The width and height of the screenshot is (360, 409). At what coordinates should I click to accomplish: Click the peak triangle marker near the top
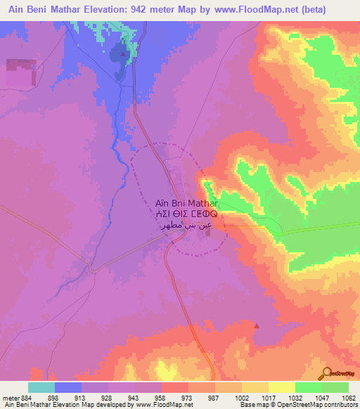tap(124, 53)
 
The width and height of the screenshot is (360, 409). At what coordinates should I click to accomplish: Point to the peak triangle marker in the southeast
tap(256, 325)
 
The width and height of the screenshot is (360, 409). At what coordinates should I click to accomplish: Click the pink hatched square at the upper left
tap(21, 72)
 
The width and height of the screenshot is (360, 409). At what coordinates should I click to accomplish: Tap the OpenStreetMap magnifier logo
tap(328, 372)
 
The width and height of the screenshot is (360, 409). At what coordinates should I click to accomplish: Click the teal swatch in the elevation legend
tap(41, 387)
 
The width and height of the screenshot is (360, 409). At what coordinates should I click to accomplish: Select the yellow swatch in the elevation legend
tap(282, 387)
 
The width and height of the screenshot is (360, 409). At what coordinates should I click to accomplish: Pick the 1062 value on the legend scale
tap(348, 398)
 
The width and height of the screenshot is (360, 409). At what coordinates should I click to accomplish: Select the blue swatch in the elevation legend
tap(68, 387)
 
